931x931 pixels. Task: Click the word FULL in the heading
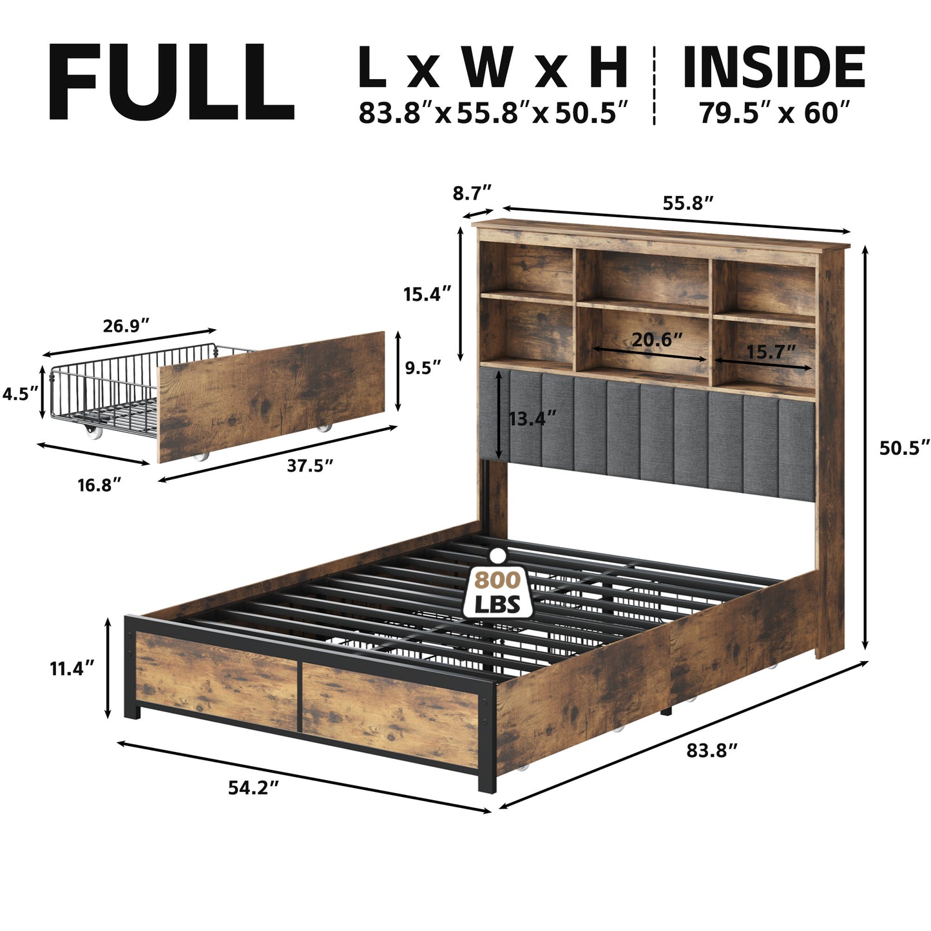[171, 81]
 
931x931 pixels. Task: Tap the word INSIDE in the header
[774, 67]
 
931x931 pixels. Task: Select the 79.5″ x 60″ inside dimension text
[774, 113]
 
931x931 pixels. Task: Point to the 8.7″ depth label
[472, 193]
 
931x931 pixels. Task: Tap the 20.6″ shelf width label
[657, 340]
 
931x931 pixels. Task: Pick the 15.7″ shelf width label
[771, 352]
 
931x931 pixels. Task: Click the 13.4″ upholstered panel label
[532, 418]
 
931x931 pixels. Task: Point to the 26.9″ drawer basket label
[126, 325]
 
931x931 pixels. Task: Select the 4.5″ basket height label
[20, 394]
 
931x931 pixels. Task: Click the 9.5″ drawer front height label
[423, 368]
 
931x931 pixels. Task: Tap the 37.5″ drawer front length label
[310, 466]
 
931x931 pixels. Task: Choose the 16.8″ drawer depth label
[99, 485]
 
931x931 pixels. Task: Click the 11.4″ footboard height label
[72, 669]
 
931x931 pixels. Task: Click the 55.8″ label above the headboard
[688, 204]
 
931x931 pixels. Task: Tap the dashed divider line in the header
[654, 86]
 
